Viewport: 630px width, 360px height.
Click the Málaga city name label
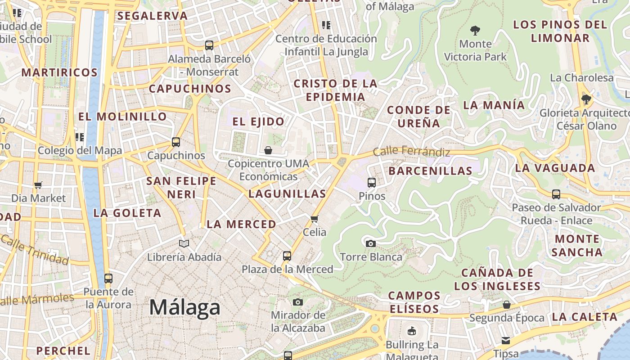[x=184, y=307]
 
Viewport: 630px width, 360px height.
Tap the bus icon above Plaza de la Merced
[x=287, y=256]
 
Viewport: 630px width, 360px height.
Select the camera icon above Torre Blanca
[x=370, y=243]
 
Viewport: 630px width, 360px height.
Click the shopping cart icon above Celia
[x=314, y=219]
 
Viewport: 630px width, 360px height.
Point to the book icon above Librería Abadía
[x=184, y=243]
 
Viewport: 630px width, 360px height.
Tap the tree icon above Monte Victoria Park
[x=475, y=31]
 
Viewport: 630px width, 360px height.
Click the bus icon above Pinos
[x=372, y=182]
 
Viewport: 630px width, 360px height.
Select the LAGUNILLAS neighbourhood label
[x=287, y=194]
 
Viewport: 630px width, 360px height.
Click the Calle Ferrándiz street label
[x=411, y=152]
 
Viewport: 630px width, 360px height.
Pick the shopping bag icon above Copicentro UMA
[x=268, y=150]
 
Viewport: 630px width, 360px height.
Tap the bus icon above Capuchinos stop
[x=176, y=142]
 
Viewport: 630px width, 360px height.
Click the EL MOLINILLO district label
[x=122, y=117]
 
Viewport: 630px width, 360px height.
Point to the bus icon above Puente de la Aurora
[x=108, y=278]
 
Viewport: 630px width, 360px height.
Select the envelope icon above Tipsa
[x=506, y=340]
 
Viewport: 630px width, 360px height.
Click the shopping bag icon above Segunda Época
[x=506, y=305]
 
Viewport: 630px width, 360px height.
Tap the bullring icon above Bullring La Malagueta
[x=411, y=332]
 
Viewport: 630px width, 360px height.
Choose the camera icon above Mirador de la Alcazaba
[x=297, y=302]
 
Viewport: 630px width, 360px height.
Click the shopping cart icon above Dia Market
[x=38, y=185]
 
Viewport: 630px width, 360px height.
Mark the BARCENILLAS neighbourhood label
[x=430, y=171]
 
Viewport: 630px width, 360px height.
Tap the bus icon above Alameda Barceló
[x=209, y=45]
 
